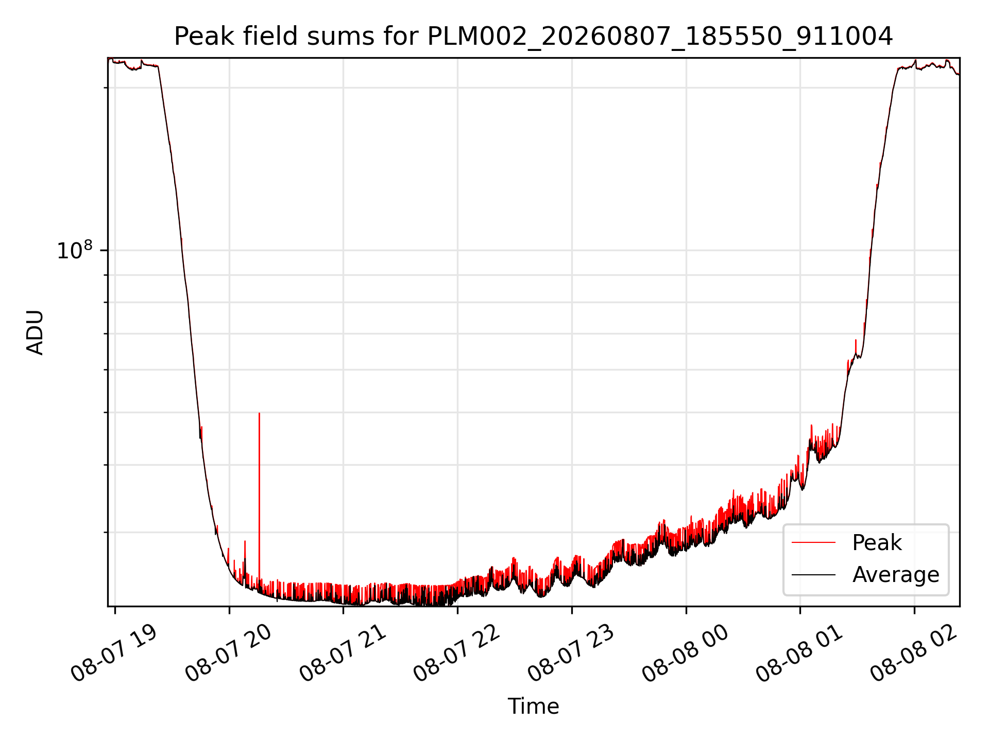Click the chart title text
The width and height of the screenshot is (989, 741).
click(533, 37)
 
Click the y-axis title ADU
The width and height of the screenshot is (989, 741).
click(35, 332)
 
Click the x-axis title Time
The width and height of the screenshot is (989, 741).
click(533, 707)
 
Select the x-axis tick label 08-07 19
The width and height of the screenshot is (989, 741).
click(114, 653)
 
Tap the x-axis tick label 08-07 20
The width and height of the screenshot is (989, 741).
click(229, 653)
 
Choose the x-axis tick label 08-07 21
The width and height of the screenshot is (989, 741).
click(343, 653)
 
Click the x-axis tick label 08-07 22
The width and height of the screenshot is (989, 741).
click(457, 653)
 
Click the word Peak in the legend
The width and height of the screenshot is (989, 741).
click(877, 543)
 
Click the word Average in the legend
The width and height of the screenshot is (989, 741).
click(896, 575)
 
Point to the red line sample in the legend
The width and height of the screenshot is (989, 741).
click(813, 542)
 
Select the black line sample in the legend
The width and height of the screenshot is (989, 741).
click(813, 574)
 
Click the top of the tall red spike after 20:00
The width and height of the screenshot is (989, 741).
click(259, 413)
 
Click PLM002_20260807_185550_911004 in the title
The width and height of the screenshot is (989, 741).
click(660, 37)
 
